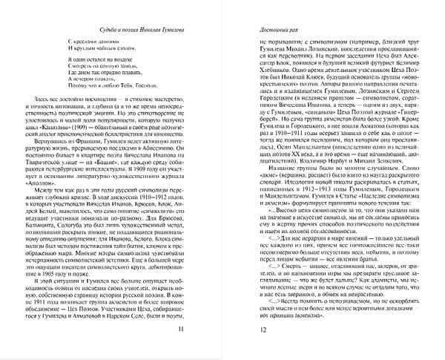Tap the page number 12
[x=239, y=330]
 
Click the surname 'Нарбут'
[x=323, y=181]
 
